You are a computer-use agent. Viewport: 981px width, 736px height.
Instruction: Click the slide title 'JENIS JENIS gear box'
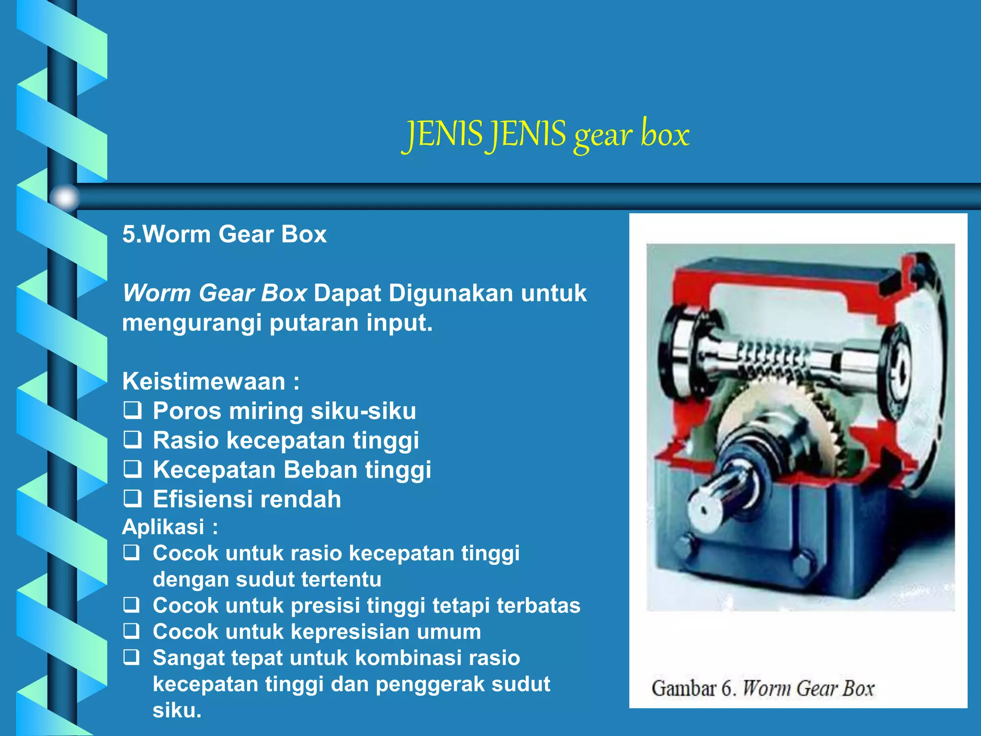click(x=546, y=134)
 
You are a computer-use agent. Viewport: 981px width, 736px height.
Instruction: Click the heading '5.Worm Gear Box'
click(x=224, y=234)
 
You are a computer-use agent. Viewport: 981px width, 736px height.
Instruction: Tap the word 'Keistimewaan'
click(x=204, y=381)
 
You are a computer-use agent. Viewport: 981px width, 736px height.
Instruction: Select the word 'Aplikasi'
click(x=163, y=527)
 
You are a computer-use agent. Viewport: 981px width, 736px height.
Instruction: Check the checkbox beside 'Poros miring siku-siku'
click(x=132, y=411)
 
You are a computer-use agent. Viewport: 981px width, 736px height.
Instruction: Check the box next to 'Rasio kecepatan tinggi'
click(x=132, y=440)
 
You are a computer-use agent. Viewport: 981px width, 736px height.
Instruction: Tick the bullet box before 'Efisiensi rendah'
click(x=132, y=499)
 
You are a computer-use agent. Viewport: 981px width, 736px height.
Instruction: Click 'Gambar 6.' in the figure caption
click(x=693, y=689)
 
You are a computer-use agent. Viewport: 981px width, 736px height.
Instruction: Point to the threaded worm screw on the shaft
click(x=771, y=359)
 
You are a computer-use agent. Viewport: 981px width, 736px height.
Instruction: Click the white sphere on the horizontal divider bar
click(x=65, y=197)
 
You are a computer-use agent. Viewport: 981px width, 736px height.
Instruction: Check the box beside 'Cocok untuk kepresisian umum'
click(x=132, y=632)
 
